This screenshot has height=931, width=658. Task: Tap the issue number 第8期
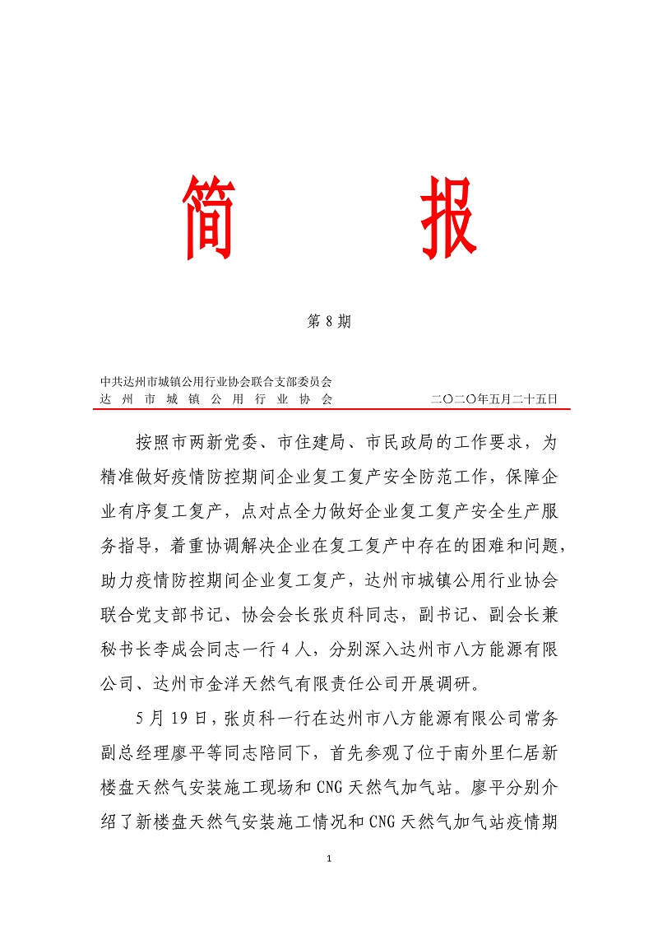tap(329, 322)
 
